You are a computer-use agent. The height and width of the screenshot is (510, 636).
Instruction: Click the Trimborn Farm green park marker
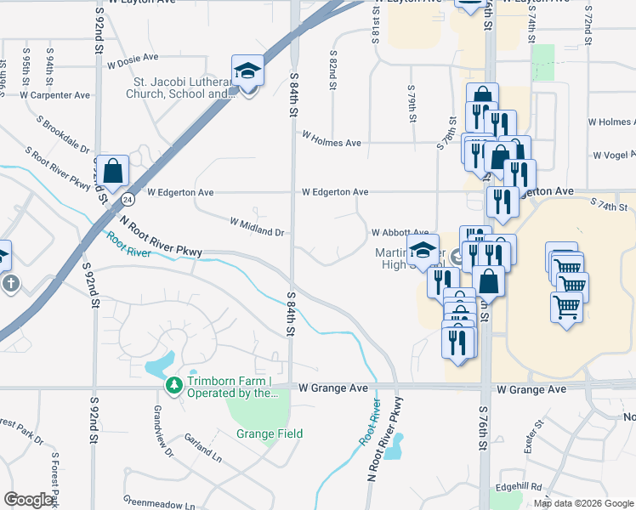tap(174, 386)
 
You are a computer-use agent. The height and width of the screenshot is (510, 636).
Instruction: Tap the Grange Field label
tap(270, 433)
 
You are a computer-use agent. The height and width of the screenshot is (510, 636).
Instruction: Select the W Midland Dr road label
tap(256, 226)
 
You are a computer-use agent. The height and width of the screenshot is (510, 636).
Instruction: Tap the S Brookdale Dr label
tap(65, 135)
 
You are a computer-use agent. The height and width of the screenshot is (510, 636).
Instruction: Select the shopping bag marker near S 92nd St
tap(112, 171)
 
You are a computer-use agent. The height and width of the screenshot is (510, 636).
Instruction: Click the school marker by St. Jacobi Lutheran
tap(247, 72)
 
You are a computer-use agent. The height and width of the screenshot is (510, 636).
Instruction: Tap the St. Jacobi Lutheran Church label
tap(183, 88)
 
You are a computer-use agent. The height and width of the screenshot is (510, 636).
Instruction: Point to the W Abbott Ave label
tap(400, 232)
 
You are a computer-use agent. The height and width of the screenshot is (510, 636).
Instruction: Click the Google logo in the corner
tap(29, 500)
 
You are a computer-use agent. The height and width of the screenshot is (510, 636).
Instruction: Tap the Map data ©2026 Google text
tap(582, 503)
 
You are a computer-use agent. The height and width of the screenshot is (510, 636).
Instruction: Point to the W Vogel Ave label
tap(613, 155)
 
